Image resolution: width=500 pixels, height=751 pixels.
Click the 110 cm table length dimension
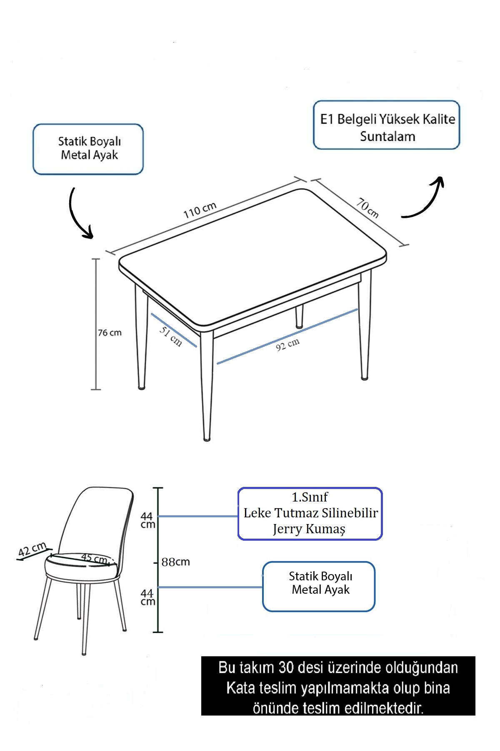[200, 210]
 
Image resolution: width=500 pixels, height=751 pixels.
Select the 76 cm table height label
[110, 333]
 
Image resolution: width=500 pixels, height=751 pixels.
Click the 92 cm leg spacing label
[287, 345]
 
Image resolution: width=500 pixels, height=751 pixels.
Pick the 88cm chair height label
[175, 562]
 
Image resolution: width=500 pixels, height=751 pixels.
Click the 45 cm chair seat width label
[94, 558]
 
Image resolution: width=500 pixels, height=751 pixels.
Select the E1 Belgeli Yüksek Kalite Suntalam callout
[386, 125]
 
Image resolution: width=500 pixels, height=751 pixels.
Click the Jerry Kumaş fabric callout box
[310, 514]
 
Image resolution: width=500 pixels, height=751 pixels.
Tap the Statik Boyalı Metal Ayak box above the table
[88, 149]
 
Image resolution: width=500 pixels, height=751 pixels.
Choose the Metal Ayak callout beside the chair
[319, 586]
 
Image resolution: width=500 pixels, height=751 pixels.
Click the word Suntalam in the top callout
[387, 136]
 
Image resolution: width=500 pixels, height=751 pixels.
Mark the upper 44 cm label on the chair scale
[147, 520]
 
